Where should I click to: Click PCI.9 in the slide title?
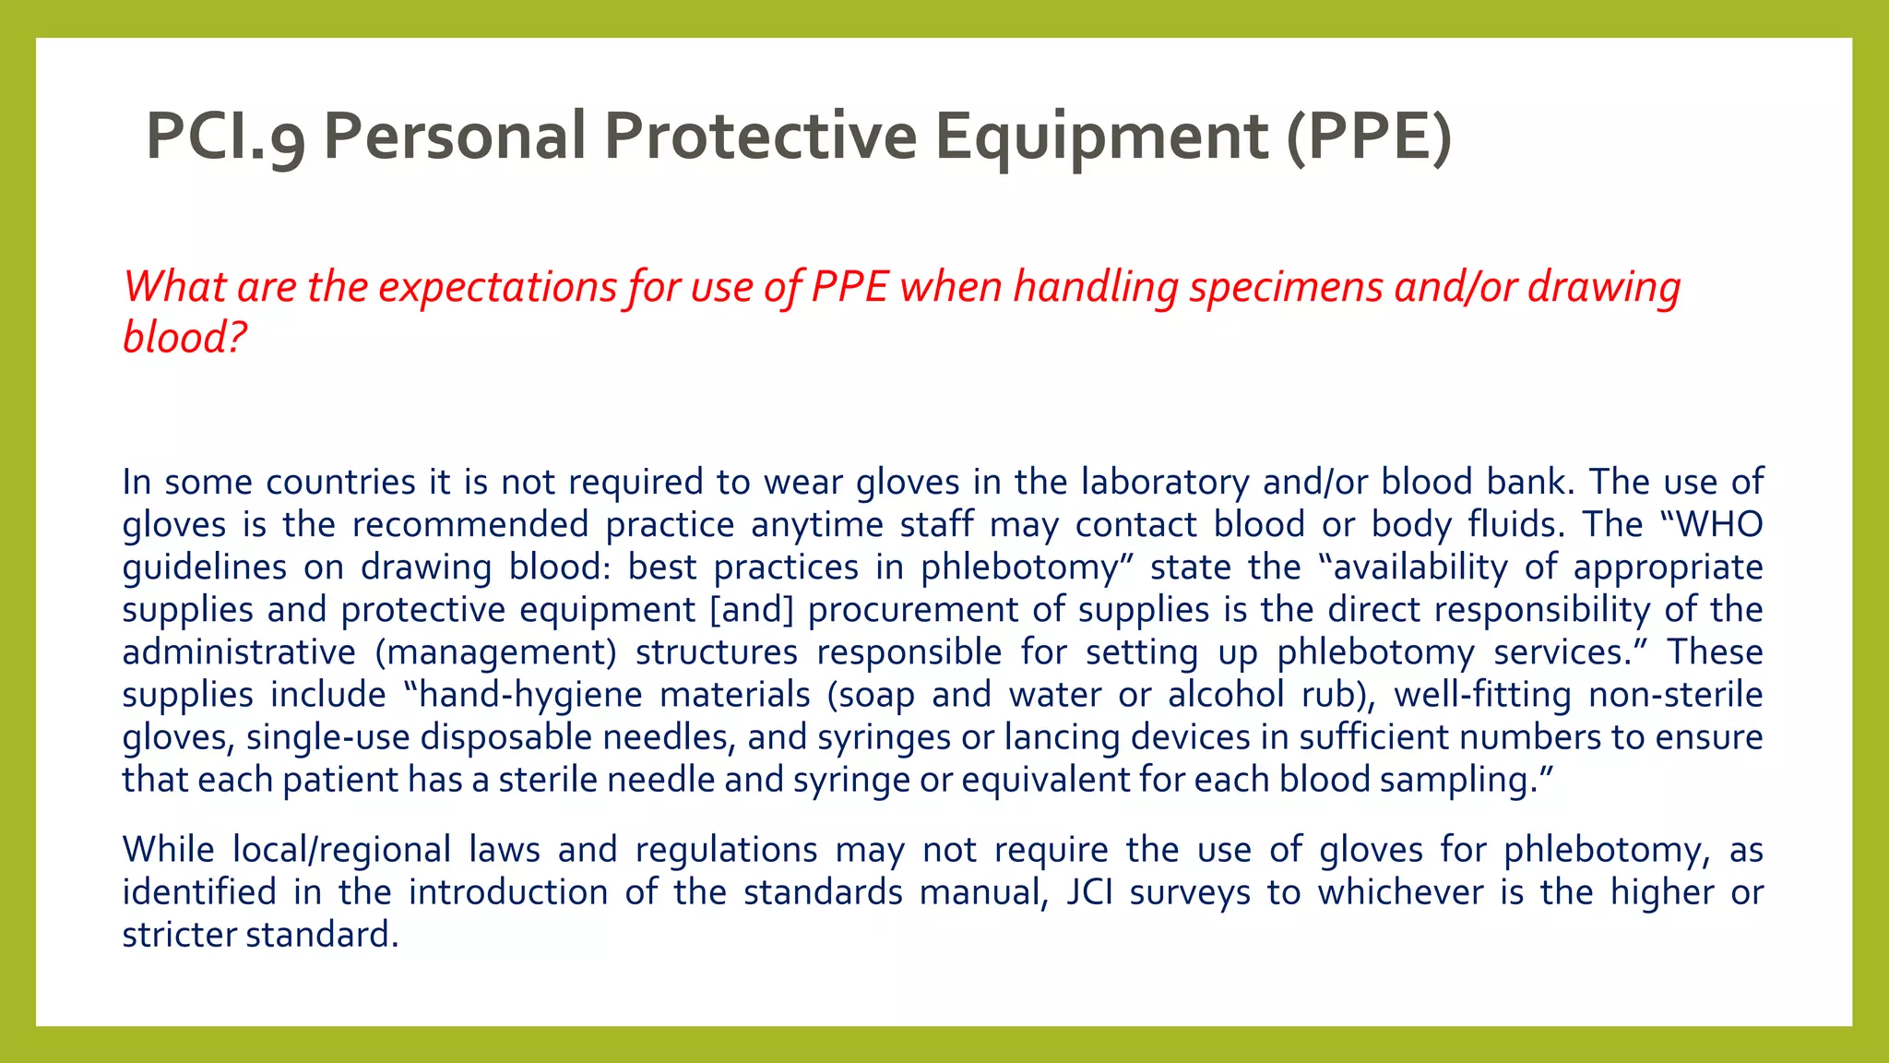[x=225, y=137]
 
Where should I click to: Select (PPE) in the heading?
[x=1369, y=137]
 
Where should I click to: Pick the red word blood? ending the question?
[x=184, y=337]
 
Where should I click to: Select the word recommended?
[x=469, y=524]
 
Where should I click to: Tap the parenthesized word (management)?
[x=495, y=652]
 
